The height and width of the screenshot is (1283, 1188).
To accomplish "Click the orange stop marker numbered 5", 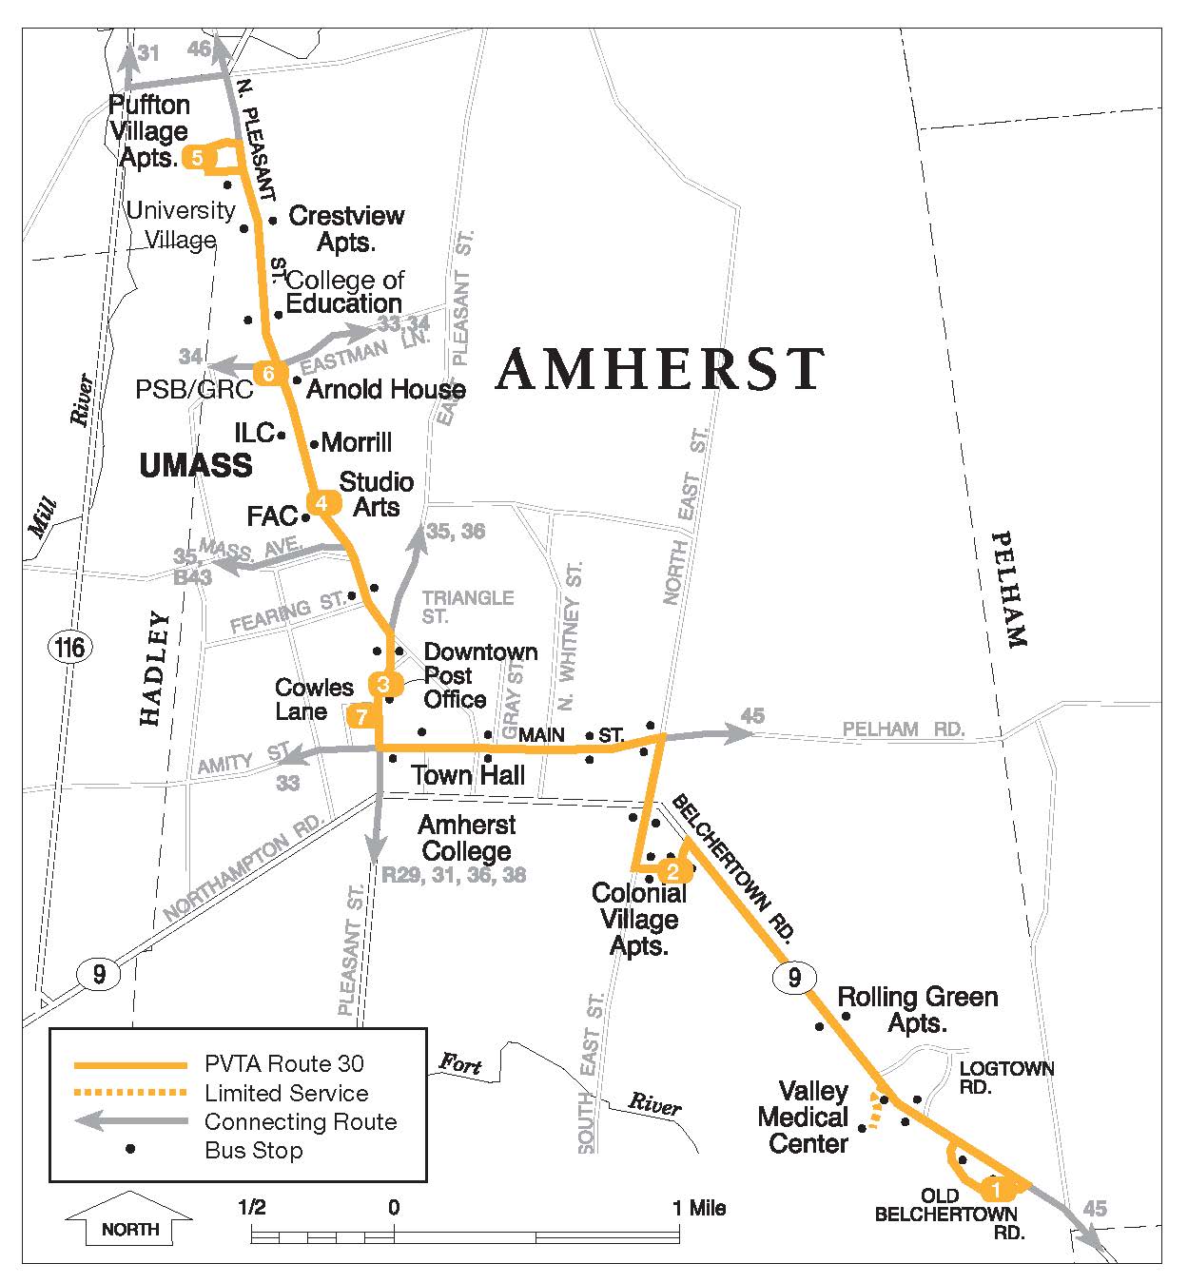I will point(197,158).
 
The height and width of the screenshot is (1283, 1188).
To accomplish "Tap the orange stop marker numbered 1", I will point(995,1189).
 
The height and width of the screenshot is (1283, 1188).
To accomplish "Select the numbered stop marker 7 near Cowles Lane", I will point(360,716).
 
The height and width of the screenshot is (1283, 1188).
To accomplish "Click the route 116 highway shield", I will point(69,649).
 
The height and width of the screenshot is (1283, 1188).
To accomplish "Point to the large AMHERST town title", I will point(659,369).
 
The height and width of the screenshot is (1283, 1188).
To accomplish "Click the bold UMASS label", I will point(196,465).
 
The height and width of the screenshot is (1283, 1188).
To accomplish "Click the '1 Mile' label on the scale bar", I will point(699,1208).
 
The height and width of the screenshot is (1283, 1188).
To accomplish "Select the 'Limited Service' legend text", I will point(286,1093).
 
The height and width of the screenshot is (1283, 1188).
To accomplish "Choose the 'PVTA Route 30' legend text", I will point(283,1064).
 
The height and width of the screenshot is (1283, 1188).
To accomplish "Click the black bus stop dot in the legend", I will point(131,1150).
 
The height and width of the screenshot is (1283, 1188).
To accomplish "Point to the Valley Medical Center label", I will point(804,1118).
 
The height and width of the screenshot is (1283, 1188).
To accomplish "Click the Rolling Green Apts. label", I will point(917,1009).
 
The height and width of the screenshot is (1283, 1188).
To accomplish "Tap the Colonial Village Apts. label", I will point(639,920).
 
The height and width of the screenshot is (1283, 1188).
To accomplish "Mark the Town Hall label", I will point(468,775).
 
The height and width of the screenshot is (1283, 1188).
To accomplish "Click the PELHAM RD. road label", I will point(904,729).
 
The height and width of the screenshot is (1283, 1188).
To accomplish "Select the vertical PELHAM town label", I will point(1009,590).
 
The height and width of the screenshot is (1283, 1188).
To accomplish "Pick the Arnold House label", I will point(385,389).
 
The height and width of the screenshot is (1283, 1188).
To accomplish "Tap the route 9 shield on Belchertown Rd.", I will point(794,977).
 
